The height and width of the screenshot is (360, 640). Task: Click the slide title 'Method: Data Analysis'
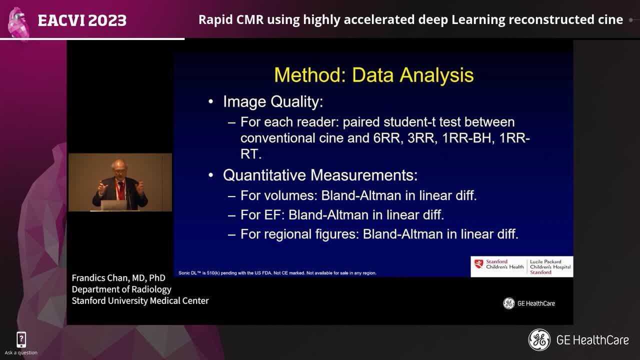tap(373, 75)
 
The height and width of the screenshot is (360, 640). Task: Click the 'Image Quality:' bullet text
tap(273, 102)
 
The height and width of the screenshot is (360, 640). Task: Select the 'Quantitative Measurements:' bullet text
tap(320, 175)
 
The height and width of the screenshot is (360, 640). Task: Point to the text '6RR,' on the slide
tap(388, 138)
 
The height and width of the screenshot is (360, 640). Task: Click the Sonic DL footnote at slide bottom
tap(277, 273)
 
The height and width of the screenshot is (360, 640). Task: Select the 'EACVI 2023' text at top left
tap(82, 20)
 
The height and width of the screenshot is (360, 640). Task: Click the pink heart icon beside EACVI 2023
tap(19, 22)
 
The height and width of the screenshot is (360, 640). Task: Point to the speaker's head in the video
tap(118, 169)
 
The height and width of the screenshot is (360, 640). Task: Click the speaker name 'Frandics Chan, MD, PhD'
tap(118, 278)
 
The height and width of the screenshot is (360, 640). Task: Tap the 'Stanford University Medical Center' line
tap(140, 300)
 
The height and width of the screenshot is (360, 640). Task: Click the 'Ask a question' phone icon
tap(21, 340)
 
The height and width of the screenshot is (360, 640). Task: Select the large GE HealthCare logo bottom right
tap(578, 340)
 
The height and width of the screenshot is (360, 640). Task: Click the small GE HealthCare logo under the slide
tap(529, 303)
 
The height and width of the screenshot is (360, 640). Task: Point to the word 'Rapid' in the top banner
tap(213, 20)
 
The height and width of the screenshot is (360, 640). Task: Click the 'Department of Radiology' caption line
tap(121, 289)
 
